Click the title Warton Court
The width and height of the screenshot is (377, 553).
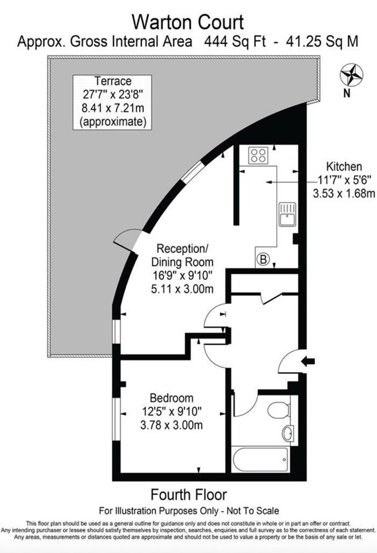click(187, 22)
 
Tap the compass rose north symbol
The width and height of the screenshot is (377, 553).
click(351, 75)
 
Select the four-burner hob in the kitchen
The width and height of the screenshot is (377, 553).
click(258, 156)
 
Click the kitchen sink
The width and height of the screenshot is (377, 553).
click(287, 214)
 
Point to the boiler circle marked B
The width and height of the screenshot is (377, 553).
click(263, 260)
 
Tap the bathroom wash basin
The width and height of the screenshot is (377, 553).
click(288, 433)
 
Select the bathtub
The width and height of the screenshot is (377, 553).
click(261, 459)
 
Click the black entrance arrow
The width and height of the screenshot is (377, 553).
click(308, 361)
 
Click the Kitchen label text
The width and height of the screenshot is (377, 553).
click(344, 166)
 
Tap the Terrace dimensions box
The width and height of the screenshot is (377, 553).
click(112, 103)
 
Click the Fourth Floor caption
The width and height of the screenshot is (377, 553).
click(188, 495)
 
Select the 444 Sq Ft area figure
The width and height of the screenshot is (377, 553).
click(235, 41)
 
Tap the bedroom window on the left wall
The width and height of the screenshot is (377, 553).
click(116, 419)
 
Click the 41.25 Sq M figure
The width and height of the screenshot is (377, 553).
click(322, 41)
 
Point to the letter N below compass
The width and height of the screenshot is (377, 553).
click(346, 93)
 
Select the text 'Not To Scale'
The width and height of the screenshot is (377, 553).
click(252, 511)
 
